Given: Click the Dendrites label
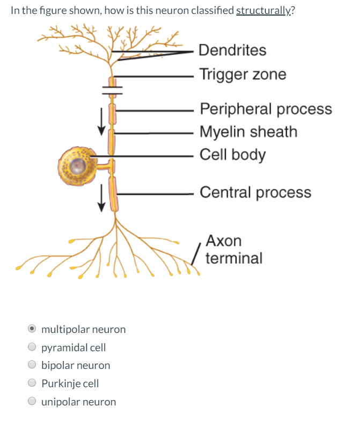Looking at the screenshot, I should (232, 50).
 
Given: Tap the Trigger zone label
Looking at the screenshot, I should (243, 74).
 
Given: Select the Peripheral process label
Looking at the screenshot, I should (266, 109).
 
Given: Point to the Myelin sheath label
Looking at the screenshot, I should (248, 132).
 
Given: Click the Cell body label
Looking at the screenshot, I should (232, 155).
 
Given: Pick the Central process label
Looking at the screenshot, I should (255, 192).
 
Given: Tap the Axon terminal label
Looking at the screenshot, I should (233, 250).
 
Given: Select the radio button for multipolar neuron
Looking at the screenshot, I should (33, 329).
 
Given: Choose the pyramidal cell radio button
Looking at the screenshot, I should (33, 347).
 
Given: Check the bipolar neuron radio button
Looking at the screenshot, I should (33, 366).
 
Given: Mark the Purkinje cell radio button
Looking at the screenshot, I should (33, 383).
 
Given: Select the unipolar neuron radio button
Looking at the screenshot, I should (33, 402).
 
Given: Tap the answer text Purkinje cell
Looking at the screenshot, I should (70, 383).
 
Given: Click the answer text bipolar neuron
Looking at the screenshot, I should (76, 366).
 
